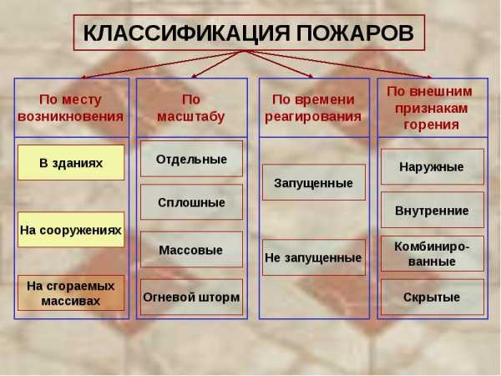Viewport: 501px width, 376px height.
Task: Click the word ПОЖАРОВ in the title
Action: point(355,33)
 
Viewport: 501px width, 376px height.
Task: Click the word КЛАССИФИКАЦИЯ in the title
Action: point(186,33)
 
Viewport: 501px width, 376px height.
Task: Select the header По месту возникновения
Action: point(71,108)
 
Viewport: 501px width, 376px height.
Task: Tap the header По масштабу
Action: point(191,108)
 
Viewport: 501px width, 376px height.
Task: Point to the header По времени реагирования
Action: point(313,108)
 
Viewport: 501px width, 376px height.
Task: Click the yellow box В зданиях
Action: point(71,163)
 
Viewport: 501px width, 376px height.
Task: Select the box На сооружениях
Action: point(71,230)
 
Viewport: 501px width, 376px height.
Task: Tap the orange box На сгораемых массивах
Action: point(71,293)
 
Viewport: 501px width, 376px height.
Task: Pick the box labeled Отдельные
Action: point(191,159)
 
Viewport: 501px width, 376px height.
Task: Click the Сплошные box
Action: point(191,202)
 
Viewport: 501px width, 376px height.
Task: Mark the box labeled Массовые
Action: point(191,249)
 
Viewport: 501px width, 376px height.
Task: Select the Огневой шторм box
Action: point(191,297)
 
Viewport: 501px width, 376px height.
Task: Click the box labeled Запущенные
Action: point(314,182)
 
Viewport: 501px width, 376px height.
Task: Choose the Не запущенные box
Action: point(314,257)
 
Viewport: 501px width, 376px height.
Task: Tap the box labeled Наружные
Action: point(433,166)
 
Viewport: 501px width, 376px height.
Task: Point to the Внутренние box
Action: point(433,210)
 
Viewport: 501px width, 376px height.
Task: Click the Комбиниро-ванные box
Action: point(433,253)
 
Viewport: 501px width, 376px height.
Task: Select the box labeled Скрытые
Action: point(433,297)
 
